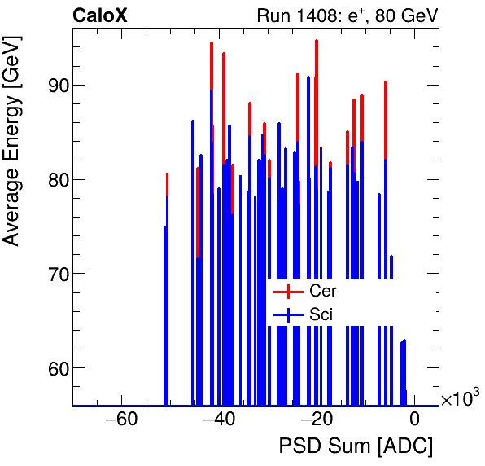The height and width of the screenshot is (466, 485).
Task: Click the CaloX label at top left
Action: click(100, 15)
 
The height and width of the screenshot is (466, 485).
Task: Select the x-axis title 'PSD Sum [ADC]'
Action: click(356, 446)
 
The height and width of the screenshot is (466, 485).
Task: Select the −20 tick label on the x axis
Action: click(317, 420)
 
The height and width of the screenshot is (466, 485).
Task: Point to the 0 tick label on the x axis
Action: click(414, 420)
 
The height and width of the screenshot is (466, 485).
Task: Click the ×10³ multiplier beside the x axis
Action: click(460, 398)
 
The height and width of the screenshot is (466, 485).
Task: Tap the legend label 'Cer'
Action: click(322, 291)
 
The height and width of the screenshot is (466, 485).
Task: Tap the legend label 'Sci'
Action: click(321, 314)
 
